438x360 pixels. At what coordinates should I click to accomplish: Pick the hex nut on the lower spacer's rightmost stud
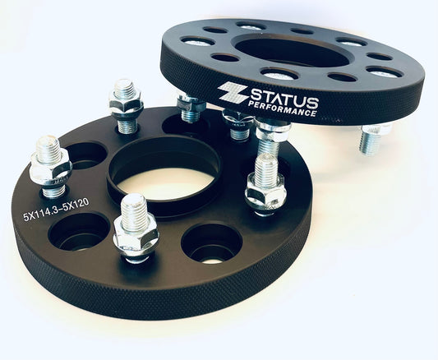pos(265,194)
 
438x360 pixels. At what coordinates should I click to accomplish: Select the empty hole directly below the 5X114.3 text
pos(79,231)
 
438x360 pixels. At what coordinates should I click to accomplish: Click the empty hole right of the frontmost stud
pos(212,242)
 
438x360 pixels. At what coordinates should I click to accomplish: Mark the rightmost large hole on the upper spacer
pos(385,72)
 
